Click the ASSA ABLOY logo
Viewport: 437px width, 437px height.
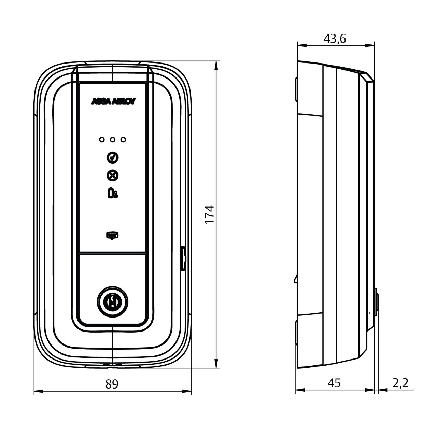click(x=113, y=101)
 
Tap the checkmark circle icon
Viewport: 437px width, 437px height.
click(x=112, y=157)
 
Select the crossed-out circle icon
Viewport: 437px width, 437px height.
click(x=112, y=175)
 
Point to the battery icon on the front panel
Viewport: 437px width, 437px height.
click(x=113, y=193)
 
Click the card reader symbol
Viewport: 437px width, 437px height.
click(x=112, y=235)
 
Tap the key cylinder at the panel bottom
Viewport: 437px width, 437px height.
click(x=112, y=302)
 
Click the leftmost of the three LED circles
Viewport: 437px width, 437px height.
click(x=102, y=140)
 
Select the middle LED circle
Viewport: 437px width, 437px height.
click(x=112, y=140)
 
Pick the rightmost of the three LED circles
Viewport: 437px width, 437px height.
click(x=123, y=140)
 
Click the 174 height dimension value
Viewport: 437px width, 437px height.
click(x=209, y=215)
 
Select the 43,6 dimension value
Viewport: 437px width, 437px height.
click(x=335, y=39)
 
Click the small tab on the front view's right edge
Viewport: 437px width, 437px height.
click(x=184, y=258)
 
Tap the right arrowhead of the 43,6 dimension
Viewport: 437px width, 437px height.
click(x=370, y=46)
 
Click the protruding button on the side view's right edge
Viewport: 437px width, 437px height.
click(x=377, y=302)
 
